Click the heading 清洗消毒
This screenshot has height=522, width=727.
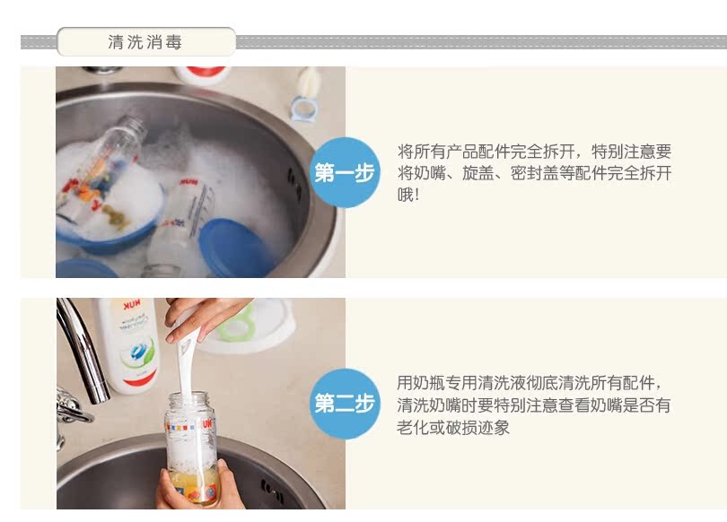pos(145,42)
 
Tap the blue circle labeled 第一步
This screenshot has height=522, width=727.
pos(345,172)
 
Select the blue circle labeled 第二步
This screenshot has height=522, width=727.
pos(345,404)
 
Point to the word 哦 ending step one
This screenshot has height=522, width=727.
pos(405,195)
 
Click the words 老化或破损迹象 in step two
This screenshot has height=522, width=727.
pos(453,427)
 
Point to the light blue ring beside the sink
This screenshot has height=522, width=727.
pos(304,109)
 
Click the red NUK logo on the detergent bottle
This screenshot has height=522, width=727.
pos(132,305)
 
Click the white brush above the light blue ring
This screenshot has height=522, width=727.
pos(310,83)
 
